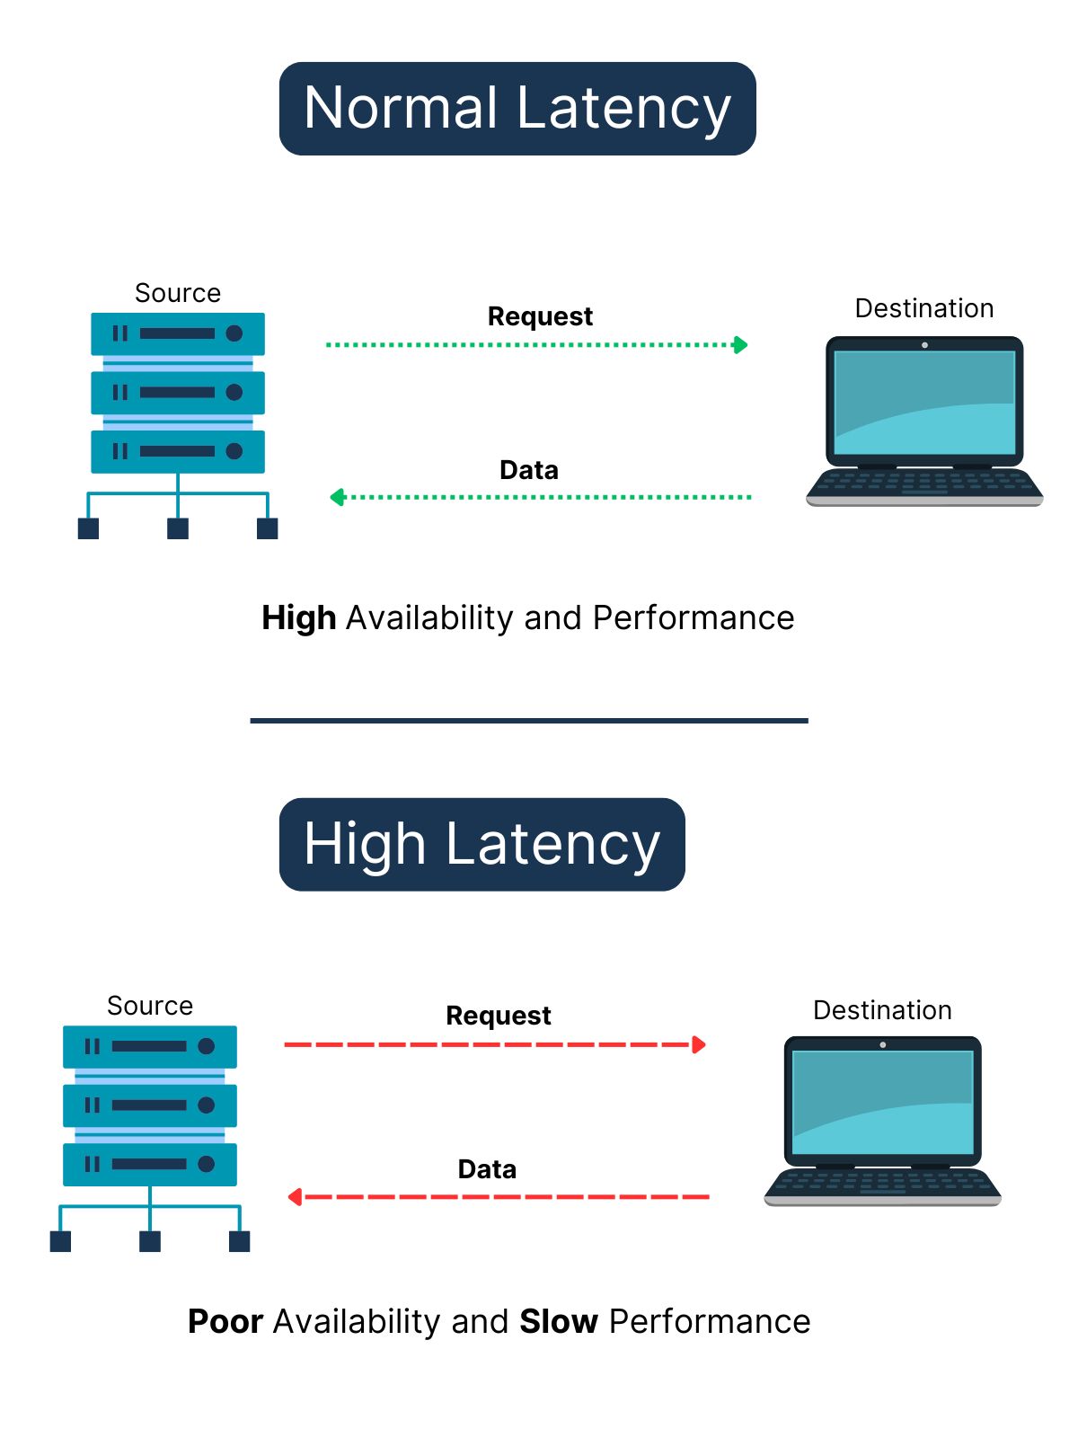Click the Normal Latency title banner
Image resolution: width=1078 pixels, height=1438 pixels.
[517, 109]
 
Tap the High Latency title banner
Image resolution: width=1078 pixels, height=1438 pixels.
[482, 845]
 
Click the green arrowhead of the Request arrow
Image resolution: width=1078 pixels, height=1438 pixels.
[740, 345]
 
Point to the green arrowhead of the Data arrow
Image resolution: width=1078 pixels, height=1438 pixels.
[338, 497]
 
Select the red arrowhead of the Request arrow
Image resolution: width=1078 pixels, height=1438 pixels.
[699, 1044]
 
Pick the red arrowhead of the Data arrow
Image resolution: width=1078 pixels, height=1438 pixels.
[295, 1197]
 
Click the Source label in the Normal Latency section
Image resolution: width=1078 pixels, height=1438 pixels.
[177, 293]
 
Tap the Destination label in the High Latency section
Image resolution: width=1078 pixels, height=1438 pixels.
[882, 1010]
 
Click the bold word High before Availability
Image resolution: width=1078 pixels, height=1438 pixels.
[298, 618]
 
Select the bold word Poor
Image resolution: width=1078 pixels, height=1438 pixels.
[225, 1322]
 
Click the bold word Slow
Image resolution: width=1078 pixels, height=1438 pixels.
[559, 1322]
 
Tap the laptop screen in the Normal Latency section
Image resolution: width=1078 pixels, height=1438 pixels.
[924, 402]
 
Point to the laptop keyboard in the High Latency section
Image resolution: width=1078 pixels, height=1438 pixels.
[882, 1185]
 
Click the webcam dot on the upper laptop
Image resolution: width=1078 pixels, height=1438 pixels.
[924, 345]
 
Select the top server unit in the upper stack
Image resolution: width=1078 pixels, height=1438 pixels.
[178, 333]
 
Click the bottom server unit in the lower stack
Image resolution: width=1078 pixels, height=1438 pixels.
[150, 1164]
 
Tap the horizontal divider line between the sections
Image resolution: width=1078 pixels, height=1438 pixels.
[529, 720]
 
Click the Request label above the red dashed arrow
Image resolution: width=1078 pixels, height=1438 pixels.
[499, 1016]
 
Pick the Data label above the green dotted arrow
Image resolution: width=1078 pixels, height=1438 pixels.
[528, 470]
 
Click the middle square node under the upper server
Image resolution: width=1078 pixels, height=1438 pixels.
[178, 528]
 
